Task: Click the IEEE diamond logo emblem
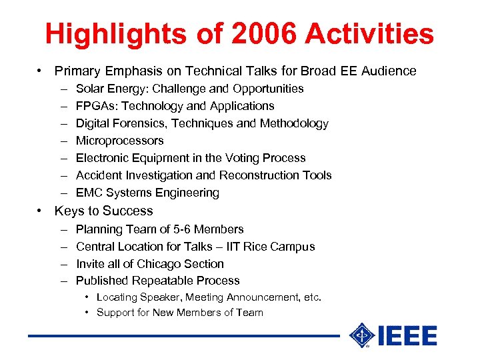pos(361,335)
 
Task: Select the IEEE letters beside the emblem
pos(407,336)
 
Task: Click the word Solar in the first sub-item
pos(91,89)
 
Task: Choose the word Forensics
pos(139,123)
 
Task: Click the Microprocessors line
pos(119,141)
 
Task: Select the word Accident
pos(98,175)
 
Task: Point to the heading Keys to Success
pos(104,211)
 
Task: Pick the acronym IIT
pos(235,247)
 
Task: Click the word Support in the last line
pos(115,313)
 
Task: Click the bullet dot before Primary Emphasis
pos(41,71)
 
